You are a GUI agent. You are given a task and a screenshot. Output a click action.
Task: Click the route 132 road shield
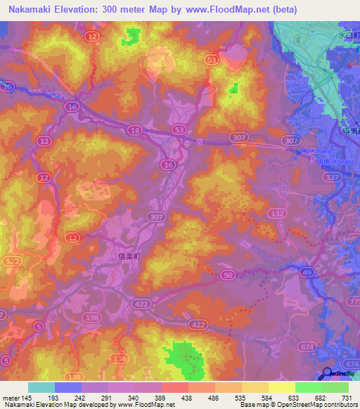pos(279,213)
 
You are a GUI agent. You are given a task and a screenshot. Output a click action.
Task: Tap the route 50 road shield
pos(227,275)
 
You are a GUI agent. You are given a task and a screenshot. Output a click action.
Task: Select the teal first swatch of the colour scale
pos(41,387)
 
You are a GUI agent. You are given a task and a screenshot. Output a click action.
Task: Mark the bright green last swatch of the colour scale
pos(335,387)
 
